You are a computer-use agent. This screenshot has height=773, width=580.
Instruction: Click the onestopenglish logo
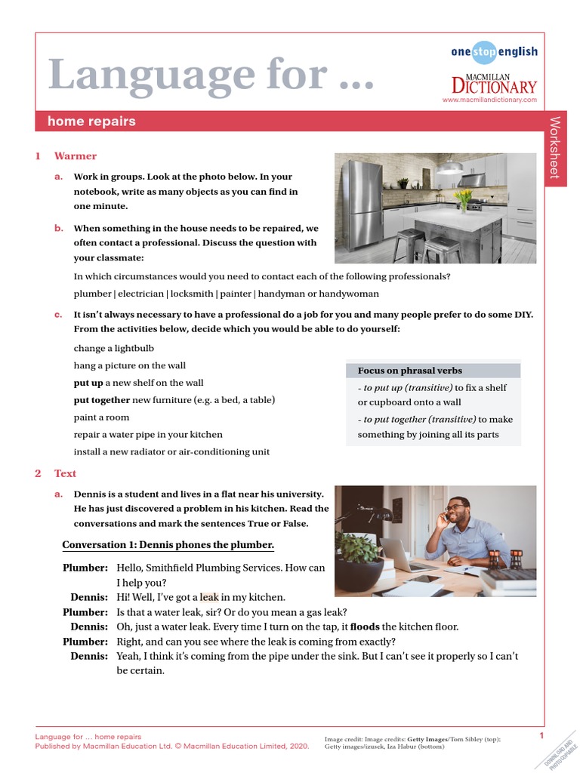coord(494,52)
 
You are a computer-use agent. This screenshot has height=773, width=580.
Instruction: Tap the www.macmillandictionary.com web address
coord(489,100)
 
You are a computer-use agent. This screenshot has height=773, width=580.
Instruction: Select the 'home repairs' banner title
coord(91,122)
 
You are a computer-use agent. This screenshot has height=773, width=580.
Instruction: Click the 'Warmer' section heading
coord(75,156)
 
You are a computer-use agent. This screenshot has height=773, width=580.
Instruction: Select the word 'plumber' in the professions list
coord(91,294)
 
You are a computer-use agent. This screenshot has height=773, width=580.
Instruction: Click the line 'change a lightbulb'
coord(113,348)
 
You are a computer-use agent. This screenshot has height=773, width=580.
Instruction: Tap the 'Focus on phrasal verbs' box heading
coord(409,371)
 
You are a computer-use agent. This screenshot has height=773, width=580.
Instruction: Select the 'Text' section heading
coord(65,473)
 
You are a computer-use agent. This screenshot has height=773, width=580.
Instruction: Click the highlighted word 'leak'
coord(209,596)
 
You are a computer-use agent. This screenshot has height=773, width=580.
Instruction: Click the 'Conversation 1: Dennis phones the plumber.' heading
coord(168,545)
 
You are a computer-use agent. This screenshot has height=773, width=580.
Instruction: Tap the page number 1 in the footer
coord(541,736)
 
